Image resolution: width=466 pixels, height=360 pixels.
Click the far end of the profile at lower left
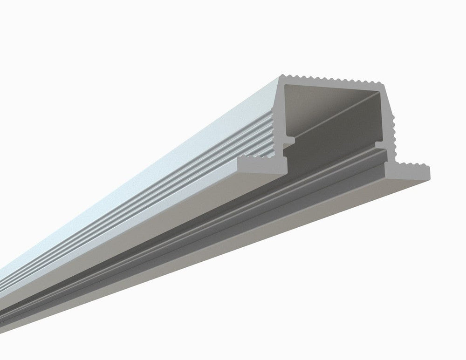[9, 298]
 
